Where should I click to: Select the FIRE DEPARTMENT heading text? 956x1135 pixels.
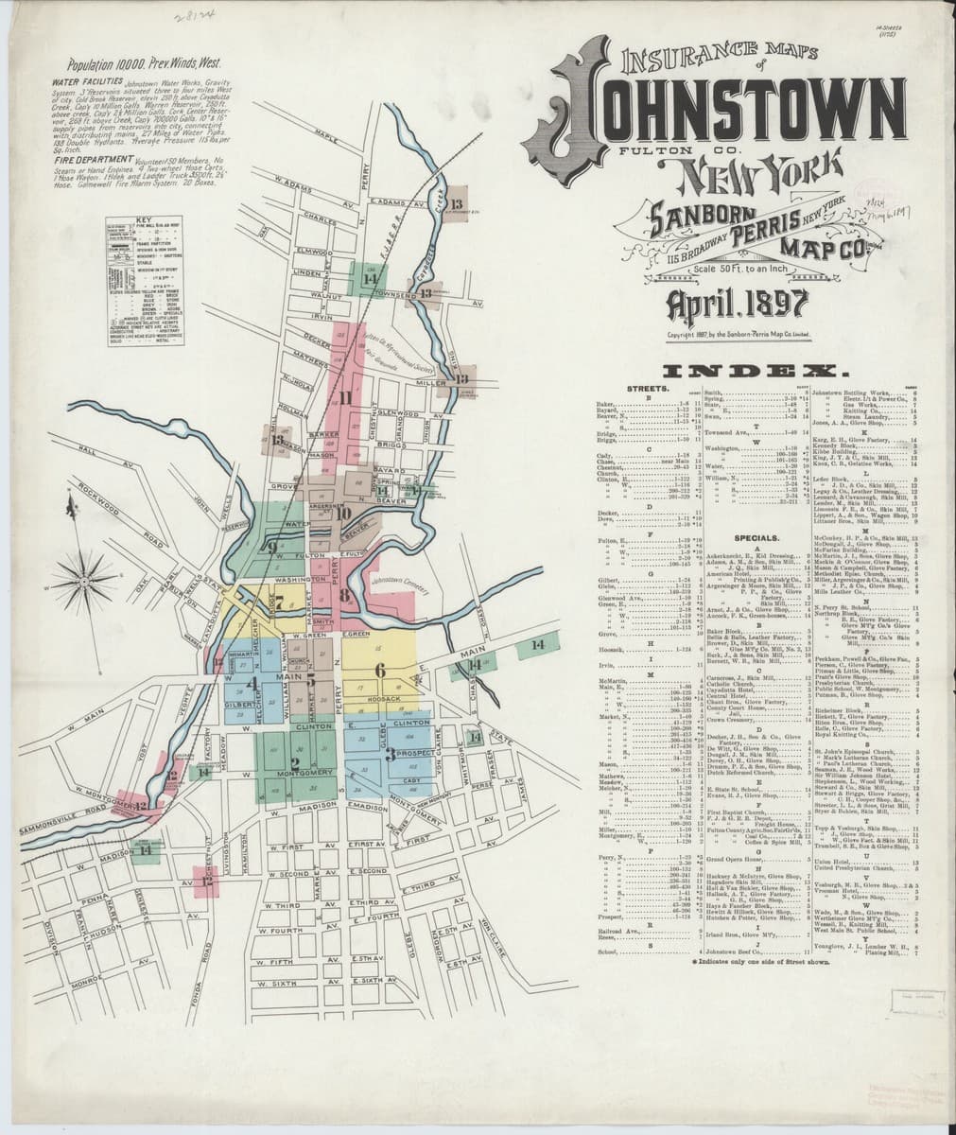click(x=95, y=187)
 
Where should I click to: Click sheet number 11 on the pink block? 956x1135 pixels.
click(x=345, y=398)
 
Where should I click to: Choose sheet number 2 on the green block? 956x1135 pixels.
click(x=295, y=761)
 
